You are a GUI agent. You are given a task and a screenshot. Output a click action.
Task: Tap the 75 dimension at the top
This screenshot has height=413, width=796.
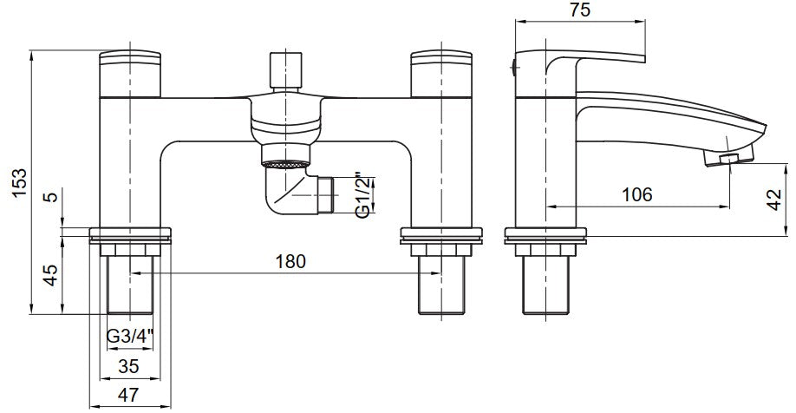581,11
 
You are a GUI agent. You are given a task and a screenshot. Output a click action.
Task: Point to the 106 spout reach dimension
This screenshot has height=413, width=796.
637,195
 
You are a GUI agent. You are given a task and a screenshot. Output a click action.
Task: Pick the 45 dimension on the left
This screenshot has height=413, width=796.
51,275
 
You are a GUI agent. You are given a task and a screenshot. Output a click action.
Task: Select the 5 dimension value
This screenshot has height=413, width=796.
51,197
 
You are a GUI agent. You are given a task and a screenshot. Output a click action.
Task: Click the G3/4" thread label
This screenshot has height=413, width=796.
130,335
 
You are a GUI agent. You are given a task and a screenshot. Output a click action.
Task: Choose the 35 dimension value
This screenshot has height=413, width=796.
130,364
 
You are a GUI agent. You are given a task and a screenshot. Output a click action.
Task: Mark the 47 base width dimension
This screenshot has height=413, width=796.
128,395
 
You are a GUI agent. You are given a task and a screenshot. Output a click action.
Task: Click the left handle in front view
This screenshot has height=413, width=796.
133,74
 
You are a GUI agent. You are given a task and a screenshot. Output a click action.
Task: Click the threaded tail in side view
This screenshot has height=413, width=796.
547,286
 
